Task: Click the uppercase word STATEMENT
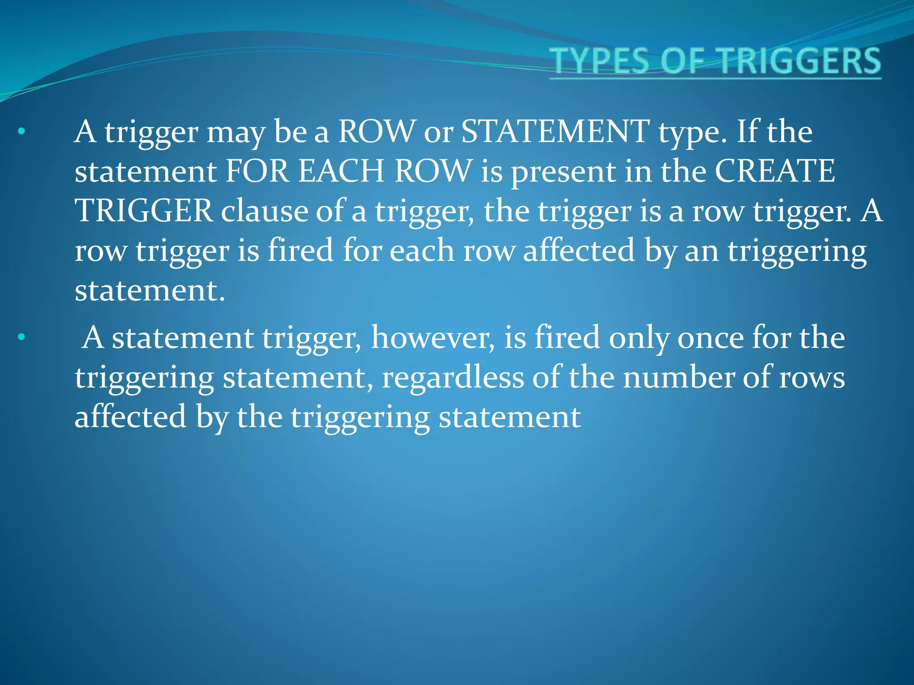pyautogui.click(x=555, y=132)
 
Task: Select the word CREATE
pyautogui.click(x=775, y=171)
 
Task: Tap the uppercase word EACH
pyautogui.click(x=341, y=171)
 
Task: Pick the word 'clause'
pyautogui.click(x=264, y=210)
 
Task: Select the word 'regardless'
pyautogui.click(x=453, y=377)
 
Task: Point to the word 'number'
pyautogui.click(x=678, y=377)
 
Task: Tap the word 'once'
pyautogui.click(x=710, y=338)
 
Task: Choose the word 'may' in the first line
pyautogui.click(x=235, y=132)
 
